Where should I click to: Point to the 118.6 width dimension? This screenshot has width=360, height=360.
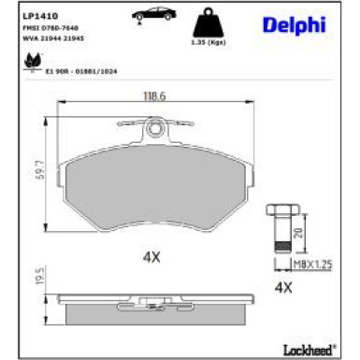click(x=142, y=94)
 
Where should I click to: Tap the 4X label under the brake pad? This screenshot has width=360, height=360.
click(x=150, y=253)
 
